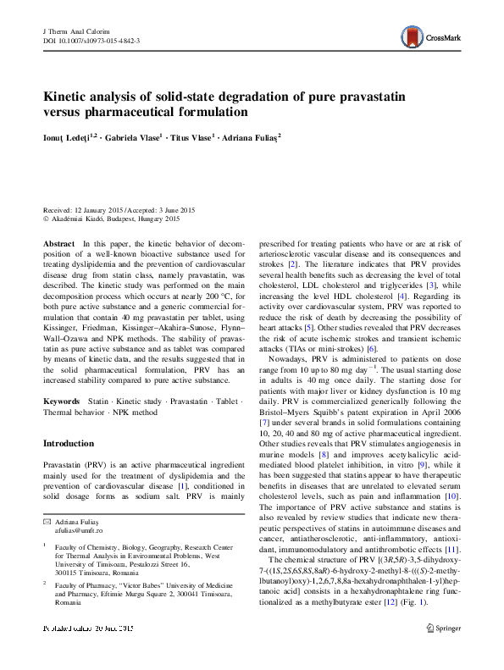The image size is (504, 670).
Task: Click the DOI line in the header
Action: pos(91,40)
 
